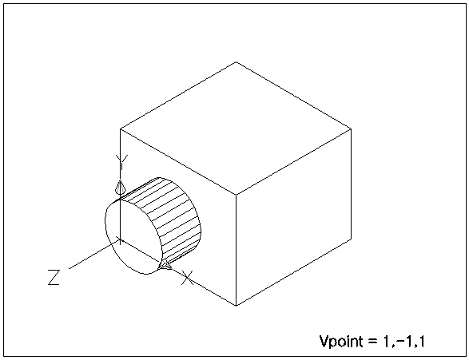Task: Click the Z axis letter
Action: pyautogui.click(x=54, y=277)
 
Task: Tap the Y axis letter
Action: pyautogui.click(x=121, y=162)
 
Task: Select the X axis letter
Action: pyautogui.click(x=188, y=278)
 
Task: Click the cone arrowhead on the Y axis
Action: pyautogui.click(x=120, y=187)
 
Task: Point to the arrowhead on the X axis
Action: pyautogui.click(x=165, y=265)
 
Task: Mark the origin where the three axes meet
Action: pyautogui.click(x=120, y=239)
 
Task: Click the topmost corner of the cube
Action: pyautogui.click(x=236, y=62)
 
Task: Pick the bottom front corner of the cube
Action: pyautogui.click(x=236, y=306)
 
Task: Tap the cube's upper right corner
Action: pyautogui.click(x=352, y=129)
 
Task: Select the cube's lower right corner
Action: pyautogui.click(x=352, y=239)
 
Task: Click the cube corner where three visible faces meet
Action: pyautogui.click(x=236, y=195)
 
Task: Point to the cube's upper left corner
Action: pyautogui.click(x=120, y=129)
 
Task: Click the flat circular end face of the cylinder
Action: pyautogui.click(x=134, y=236)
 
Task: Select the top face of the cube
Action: pyautogui.click(x=236, y=129)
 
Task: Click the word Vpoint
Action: pyautogui.click(x=341, y=342)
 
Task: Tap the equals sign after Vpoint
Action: pyautogui.click(x=372, y=342)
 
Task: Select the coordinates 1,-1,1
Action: pyautogui.click(x=403, y=342)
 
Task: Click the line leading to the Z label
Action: pyautogui.click(x=94, y=254)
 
